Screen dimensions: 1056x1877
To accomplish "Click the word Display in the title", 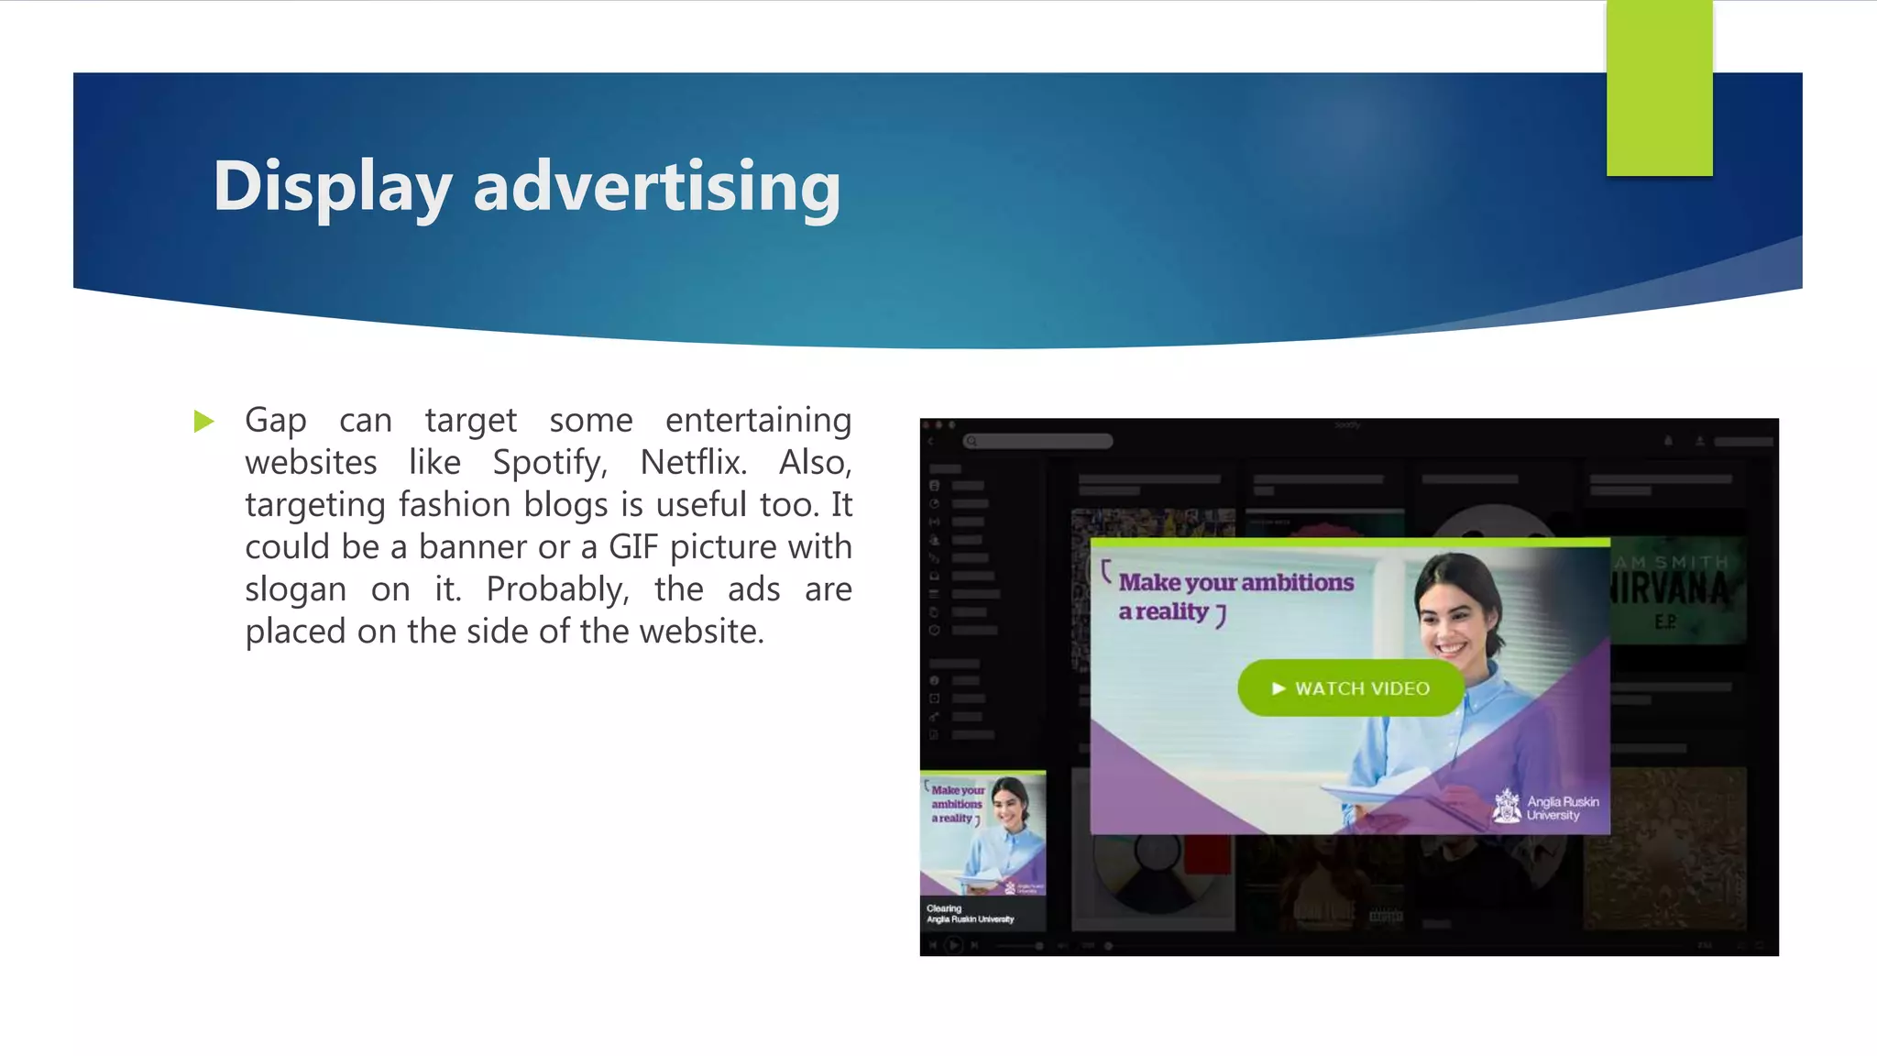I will pyautogui.click(x=332, y=187).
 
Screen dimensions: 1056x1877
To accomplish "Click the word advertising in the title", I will pyautogui.click(x=656, y=187).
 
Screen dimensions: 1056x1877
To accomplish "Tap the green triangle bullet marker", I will pyautogui.click(x=203, y=422).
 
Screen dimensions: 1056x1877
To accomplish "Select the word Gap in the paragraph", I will pyautogui.click(x=275, y=421).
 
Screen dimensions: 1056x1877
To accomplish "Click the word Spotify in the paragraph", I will pyautogui.click(x=549, y=463).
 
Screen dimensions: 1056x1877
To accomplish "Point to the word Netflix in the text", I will pyautogui.click(x=693, y=463).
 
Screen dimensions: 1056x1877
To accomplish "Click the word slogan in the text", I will pyautogui.click(x=295, y=589).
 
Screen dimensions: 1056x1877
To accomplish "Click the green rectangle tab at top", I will pyautogui.click(x=1659, y=88).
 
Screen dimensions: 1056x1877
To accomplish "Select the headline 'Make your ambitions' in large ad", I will pyautogui.click(x=1235, y=583).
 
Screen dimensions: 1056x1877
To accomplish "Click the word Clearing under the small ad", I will pyautogui.click(x=944, y=908).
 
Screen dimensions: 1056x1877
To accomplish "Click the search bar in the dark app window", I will pyautogui.click(x=1038, y=442).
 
